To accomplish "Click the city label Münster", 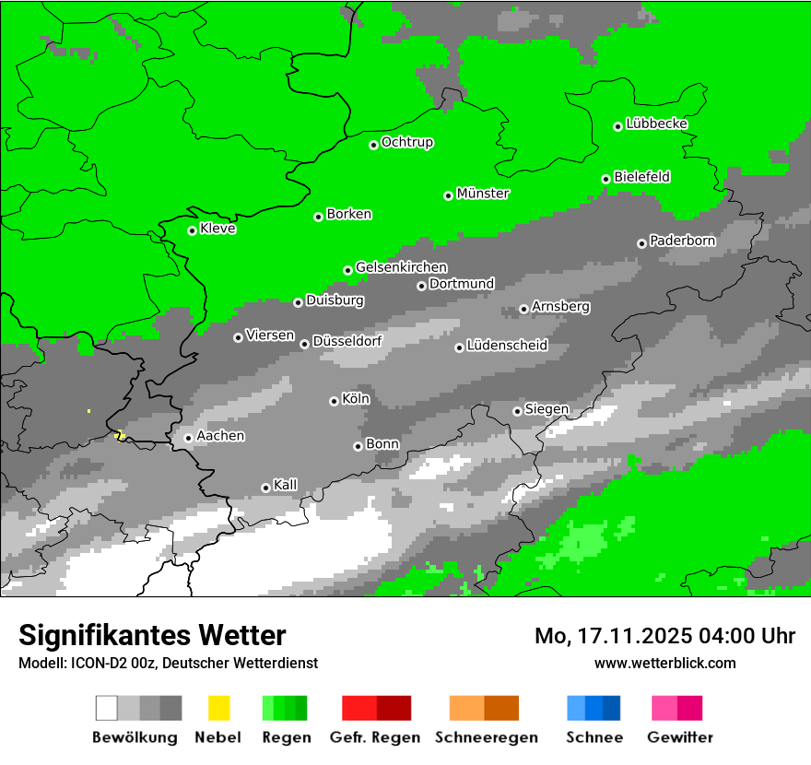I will click(x=483, y=194).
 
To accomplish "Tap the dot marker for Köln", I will click(x=334, y=401).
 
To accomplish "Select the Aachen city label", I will click(x=220, y=436).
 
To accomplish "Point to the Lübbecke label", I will click(x=656, y=124).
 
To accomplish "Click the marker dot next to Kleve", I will click(x=192, y=230).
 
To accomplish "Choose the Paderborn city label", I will click(x=682, y=241).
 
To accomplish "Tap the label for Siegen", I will click(x=547, y=409).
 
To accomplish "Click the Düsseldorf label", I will click(x=347, y=341).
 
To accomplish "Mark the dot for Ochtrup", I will click(x=373, y=145).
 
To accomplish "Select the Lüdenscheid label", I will click(x=507, y=346).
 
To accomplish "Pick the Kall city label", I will click(x=285, y=485).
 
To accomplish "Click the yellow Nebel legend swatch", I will click(x=218, y=708).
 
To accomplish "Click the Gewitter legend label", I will click(x=679, y=737).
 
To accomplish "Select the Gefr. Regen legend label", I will click(x=375, y=737).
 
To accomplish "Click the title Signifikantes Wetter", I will click(x=152, y=635).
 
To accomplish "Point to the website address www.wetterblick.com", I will click(x=664, y=663).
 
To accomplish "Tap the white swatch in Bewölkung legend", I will click(x=107, y=708).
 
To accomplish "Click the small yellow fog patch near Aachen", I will click(x=118, y=434).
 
